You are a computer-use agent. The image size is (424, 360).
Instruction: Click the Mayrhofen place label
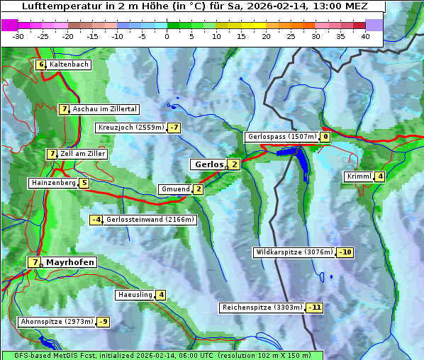pyautogui.click(x=70, y=262)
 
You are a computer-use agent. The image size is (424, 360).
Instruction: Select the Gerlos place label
pyautogui.click(x=208, y=164)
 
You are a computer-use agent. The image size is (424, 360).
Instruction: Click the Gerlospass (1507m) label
pyautogui.click(x=281, y=137)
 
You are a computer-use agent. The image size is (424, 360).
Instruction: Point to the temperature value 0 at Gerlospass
pyautogui.click(x=325, y=137)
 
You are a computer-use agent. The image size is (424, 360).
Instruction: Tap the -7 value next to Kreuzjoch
pyautogui.click(x=174, y=128)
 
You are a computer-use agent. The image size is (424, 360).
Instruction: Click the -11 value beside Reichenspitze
pyautogui.click(x=315, y=308)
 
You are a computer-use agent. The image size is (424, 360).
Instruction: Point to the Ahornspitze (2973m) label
pyautogui.click(x=57, y=322)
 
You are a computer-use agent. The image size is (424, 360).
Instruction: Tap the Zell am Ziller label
pyautogui.click(x=83, y=154)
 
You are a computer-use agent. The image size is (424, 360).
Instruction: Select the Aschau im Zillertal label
pyautogui.click(x=104, y=109)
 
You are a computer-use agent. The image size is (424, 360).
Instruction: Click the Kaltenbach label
pyautogui.click(x=69, y=64)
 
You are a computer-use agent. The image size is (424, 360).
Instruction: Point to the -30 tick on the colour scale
pyautogui.click(x=18, y=36)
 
